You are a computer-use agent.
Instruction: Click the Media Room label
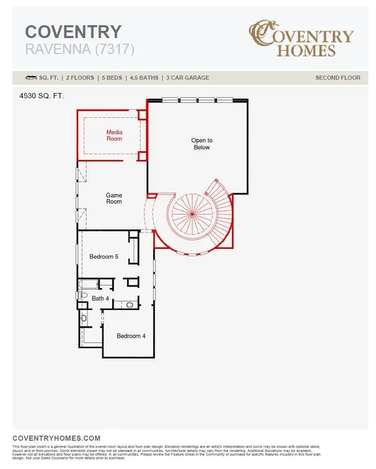click(114, 135)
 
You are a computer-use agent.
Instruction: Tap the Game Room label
click(114, 198)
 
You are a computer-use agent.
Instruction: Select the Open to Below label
click(202, 143)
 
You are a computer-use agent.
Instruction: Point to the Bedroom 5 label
click(104, 257)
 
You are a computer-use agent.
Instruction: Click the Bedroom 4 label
click(131, 336)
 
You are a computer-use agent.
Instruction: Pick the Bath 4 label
click(100, 298)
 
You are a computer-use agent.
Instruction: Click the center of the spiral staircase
click(191, 213)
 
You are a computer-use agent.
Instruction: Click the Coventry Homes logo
click(301, 39)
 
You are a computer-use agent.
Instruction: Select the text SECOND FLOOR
click(338, 78)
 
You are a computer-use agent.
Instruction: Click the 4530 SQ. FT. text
click(42, 96)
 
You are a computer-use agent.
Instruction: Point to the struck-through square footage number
click(31, 78)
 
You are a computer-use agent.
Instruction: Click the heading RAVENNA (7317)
click(80, 49)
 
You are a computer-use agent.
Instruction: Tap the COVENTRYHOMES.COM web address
click(56, 438)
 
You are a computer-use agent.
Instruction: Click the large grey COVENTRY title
click(73, 31)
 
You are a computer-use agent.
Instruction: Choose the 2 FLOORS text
click(80, 78)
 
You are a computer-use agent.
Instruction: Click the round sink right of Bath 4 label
click(130, 305)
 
